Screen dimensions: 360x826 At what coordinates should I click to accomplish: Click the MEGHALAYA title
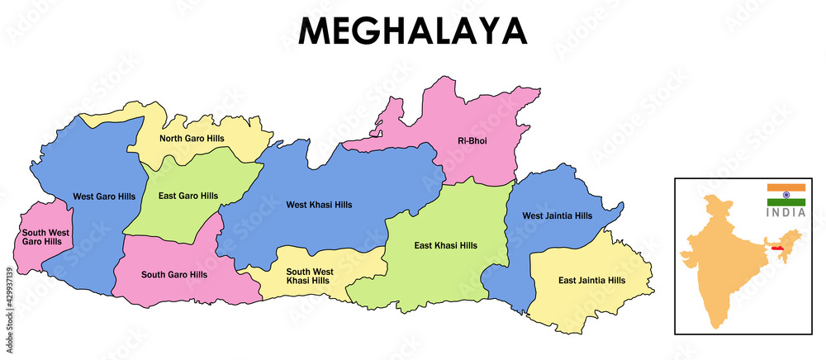[412, 31]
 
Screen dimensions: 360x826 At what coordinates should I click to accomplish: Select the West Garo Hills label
[104, 197]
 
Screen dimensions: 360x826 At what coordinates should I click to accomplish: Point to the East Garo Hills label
[188, 196]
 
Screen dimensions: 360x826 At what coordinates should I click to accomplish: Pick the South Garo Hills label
[174, 274]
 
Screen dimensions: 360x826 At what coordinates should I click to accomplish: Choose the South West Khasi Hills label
[310, 277]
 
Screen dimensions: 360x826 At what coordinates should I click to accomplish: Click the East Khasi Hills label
[445, 245]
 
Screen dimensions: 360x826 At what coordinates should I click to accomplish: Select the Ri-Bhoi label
[472, 141]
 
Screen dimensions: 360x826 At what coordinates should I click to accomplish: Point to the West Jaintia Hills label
[558, 216]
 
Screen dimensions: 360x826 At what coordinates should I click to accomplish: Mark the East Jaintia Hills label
[591, 280]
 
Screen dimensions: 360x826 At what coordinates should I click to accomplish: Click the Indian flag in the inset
[786, 195]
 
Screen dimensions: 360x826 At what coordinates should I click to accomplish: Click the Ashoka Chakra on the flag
[786, 195]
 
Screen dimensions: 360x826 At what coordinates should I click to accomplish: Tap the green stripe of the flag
[786, 202]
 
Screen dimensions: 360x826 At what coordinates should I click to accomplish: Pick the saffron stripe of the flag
[786, 187]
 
